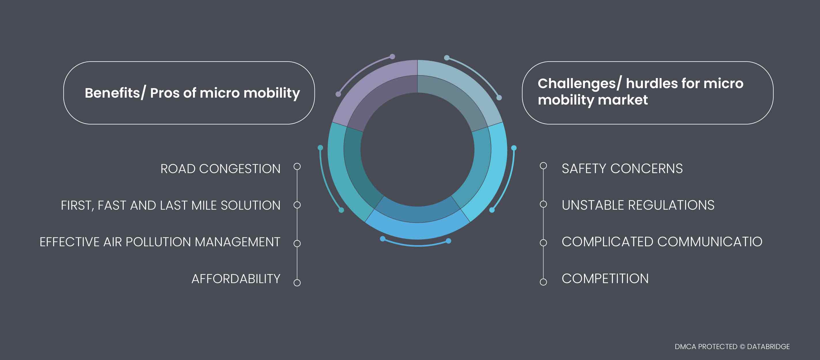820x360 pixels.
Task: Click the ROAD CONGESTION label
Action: coord(220,169)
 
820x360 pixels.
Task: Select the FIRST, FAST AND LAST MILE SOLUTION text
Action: coord(171,205)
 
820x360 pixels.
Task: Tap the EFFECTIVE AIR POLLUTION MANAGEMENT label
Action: coord(160,242)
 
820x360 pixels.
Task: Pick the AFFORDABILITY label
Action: coord(236,279)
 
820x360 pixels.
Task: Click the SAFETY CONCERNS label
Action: coord(622,168)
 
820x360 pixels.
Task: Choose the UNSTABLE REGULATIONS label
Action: coord(638,205)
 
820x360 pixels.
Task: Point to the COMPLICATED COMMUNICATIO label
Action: coord(662,242)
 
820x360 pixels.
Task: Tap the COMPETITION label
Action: coord(605,278)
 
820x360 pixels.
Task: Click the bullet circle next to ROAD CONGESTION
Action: coord(297,166)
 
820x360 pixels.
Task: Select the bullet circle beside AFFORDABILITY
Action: coord(297,283)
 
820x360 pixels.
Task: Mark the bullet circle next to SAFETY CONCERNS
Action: coord(543,166)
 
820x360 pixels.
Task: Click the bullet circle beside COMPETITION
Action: coord(543,282)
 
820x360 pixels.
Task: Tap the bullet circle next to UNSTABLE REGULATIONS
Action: coord(543,204)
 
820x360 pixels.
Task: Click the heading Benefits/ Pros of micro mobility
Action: coord(192,93)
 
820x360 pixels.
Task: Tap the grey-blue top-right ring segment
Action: coord(458,92)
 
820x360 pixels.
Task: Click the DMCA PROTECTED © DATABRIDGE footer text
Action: coord(732,346)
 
